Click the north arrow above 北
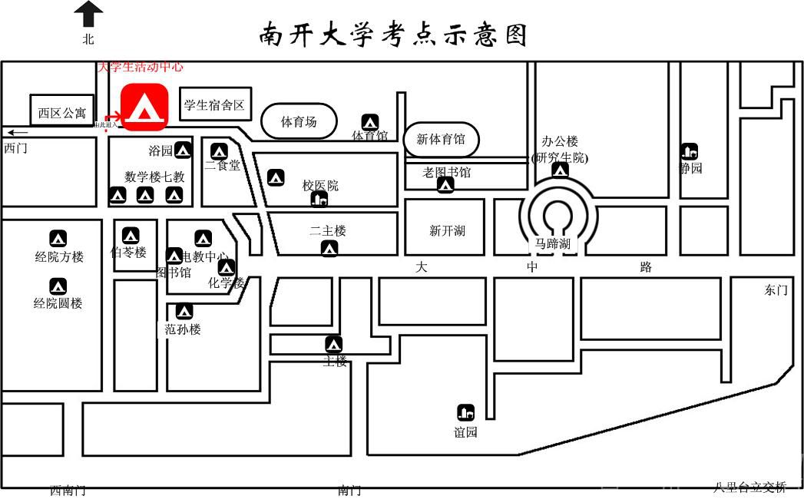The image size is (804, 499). [89, 14]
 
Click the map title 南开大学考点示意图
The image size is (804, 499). [393, 35]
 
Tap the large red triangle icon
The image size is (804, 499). [144, 107]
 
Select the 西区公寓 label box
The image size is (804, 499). [62, 113]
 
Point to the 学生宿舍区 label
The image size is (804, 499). [214, 105]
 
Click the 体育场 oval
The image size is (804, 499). [299, 121]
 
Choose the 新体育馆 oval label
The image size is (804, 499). [441, 140]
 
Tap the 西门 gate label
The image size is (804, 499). [15, 148]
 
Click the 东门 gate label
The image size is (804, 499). [776, 290]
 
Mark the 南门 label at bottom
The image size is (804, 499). [349, 491]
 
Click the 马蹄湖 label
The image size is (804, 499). [553, 244]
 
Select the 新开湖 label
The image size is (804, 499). [447, 231]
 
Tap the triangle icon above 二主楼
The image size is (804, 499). [329, 249]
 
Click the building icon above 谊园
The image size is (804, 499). [465, 412]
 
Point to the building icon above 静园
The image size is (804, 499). [689, 152]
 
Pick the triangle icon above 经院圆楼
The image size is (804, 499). [58, 287]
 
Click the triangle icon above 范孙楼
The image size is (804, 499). [184, 312]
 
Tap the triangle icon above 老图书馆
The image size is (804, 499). [445, 185]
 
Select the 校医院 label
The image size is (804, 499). [320, 186]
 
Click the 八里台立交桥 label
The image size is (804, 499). [749, 487]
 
